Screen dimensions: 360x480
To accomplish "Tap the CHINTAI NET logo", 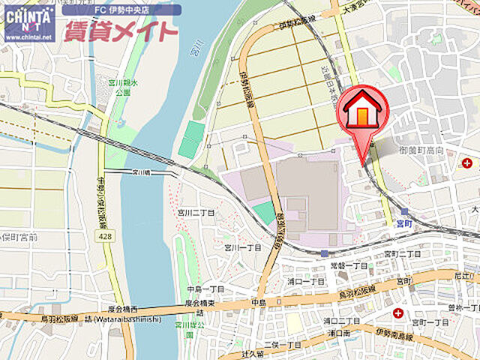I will click(29, 22).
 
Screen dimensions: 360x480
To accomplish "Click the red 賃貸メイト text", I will click(121, 31).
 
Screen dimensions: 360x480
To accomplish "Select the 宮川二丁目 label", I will click(196, 212).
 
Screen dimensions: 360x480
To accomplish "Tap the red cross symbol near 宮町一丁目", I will click(397, 312).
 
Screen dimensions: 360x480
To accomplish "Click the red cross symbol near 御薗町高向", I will click(467, 163).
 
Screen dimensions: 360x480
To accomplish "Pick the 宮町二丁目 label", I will click(403, 254).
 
